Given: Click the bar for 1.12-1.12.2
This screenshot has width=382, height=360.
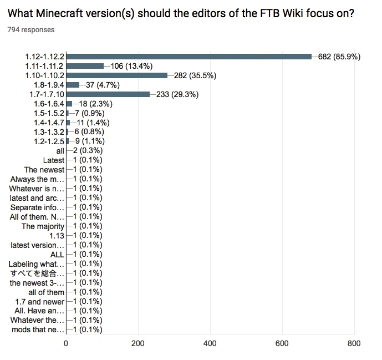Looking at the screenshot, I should (x=189, y=57).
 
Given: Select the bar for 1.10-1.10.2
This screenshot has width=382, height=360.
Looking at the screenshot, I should (x=116, y=75).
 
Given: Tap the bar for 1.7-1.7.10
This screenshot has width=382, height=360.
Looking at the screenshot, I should (x=108, y=94).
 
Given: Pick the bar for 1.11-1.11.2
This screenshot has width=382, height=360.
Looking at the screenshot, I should (x=85, y=66).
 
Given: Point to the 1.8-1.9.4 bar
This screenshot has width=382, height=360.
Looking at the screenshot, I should (x=73, y=85).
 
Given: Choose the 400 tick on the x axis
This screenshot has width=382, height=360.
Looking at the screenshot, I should (x=210, y=343).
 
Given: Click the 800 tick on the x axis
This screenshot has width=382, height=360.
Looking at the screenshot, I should (x=354, y=343).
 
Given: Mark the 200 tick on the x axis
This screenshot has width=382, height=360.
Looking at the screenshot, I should (x=138, y=343).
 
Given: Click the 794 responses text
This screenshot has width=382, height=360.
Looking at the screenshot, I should (x=31, y=29).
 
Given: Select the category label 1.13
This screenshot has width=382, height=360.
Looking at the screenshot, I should (x=57, y=236).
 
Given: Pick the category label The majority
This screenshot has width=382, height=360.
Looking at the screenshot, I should (x=43, y=226).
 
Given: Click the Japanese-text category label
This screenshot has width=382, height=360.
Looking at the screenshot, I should (x=37, y=273).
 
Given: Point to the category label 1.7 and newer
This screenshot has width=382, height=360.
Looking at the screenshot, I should (x=40, y=302).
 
